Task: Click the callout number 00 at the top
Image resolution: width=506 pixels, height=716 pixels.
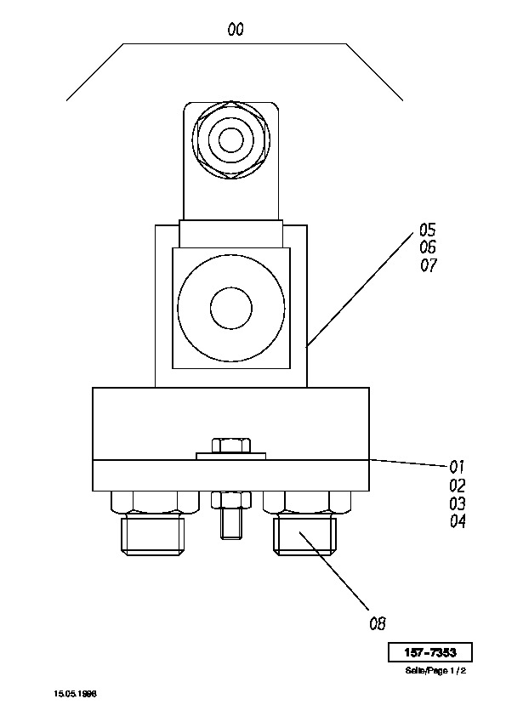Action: (x=236, y=30)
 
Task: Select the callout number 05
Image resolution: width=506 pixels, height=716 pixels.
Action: (x=428, y=230)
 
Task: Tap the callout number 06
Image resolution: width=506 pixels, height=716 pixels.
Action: (x=428, y=247)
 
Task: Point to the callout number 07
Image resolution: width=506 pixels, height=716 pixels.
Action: (x=429, y=264)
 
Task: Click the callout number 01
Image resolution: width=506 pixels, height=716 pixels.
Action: (x=457, y=467)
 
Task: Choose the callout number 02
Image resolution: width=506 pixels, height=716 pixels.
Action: (x=458, y=485)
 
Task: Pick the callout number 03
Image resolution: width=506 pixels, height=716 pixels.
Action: (x=458, y=503)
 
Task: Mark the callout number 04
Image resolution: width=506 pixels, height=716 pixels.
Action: (x=458, y=521)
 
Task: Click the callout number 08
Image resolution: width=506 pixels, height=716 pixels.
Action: (x=378, y=623)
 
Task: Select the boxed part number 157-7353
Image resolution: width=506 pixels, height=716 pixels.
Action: (x=430, y=652)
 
